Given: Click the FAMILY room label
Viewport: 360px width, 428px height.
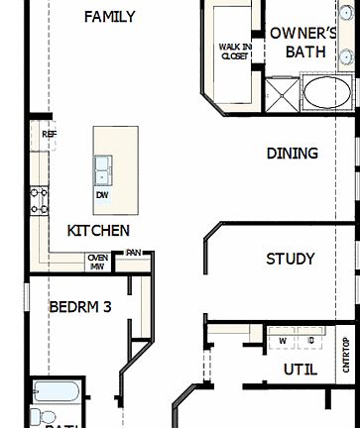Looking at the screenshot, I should [109, 17].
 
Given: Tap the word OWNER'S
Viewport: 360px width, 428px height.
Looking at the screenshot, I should [304, 33].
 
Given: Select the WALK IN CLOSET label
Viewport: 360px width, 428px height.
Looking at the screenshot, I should [234, 51].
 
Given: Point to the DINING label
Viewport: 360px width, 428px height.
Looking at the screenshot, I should [292, 154].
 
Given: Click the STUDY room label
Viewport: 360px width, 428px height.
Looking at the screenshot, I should [291, 260].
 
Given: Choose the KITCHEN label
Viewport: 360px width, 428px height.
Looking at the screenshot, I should [98, 231].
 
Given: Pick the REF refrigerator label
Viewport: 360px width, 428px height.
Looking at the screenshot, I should [49, 134].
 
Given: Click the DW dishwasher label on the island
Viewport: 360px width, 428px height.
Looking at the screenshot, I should [102, 195].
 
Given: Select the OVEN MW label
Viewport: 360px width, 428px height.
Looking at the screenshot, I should [97, 262].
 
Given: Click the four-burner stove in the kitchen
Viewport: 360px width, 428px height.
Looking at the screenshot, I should [40, 201].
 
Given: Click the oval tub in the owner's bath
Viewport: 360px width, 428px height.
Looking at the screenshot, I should [325, 95].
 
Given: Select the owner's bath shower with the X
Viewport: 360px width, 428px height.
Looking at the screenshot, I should [283, 96].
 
